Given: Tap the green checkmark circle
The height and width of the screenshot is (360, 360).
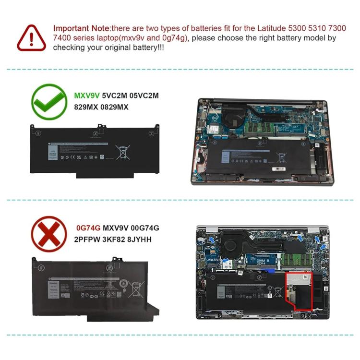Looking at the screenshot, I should (x=48, y=102).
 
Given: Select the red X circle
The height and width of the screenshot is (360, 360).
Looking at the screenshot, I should (x=48, y=234).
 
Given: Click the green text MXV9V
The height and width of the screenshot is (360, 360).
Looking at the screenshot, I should (x=86, y=96).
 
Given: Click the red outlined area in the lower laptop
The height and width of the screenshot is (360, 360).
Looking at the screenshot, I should (x=298, y=289).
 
